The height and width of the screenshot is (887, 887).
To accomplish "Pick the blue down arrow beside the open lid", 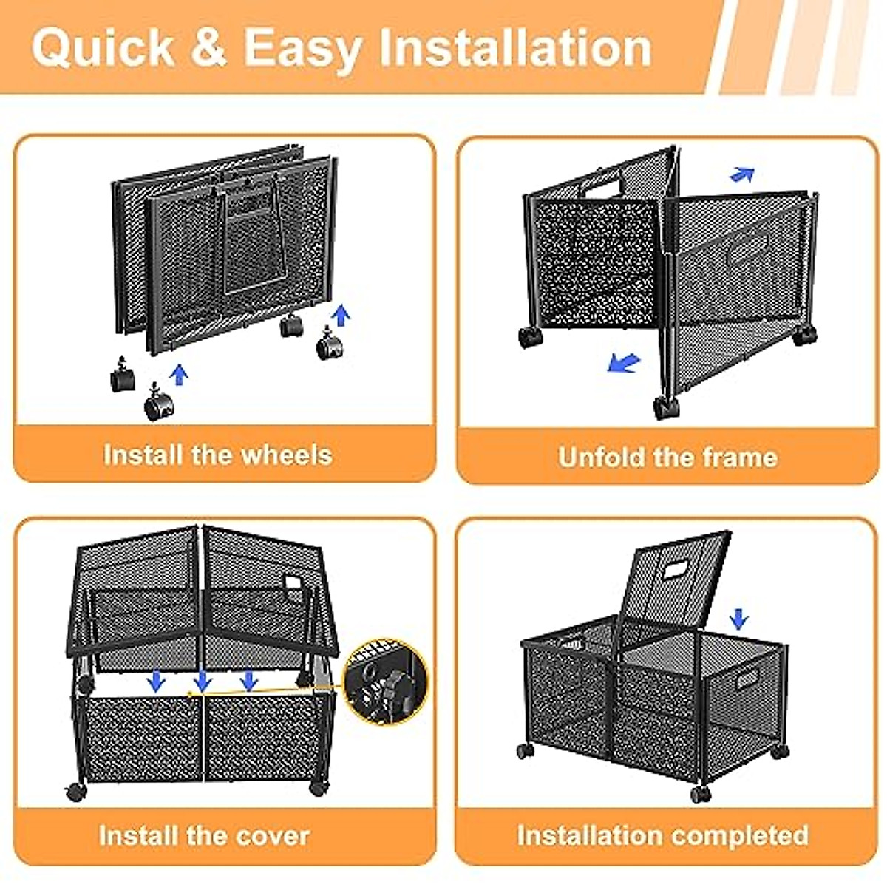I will click(738, 618).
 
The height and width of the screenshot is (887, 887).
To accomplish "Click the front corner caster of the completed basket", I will click(701, 795).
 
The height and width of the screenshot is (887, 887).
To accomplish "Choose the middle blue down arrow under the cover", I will click(203, 680).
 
